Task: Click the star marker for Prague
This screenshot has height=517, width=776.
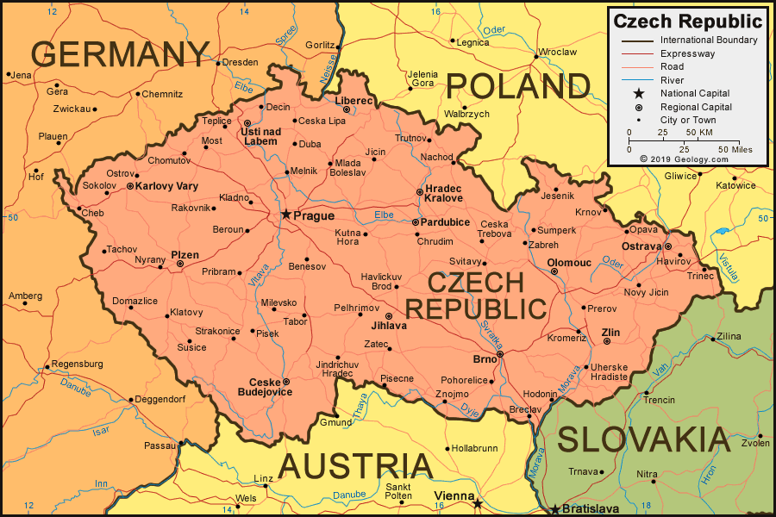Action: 285,214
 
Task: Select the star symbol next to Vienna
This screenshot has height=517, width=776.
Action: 477,503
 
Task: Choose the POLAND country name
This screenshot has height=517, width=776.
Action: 518,86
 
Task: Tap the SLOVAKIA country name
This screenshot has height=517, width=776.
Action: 644,439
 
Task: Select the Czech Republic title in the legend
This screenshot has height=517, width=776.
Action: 687,22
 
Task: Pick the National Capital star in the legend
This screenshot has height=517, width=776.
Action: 638,93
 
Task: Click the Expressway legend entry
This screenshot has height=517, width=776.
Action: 687,53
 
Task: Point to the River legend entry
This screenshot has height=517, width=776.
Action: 672,80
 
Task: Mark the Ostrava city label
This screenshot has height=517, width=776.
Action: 641,246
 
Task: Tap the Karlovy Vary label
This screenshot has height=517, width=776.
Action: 167,186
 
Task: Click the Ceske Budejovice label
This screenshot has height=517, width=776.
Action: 265,387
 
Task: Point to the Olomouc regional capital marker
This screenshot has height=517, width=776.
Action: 554,271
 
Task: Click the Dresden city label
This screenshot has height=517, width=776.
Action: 240,62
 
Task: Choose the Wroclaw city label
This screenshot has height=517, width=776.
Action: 558,52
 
